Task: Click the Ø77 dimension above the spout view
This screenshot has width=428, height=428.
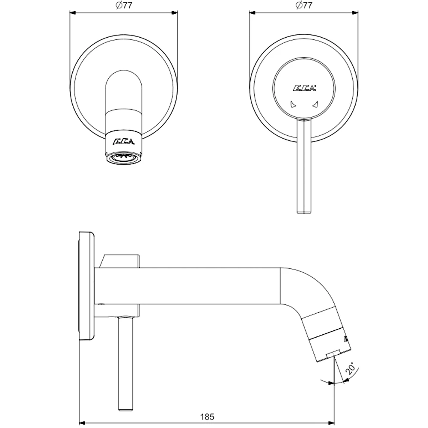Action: tap(124, 6)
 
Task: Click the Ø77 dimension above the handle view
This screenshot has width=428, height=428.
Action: tap(303, 6)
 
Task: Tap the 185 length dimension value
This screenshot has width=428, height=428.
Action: tap(207, 415)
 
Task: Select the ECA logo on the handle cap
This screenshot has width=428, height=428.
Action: tap(304, 89)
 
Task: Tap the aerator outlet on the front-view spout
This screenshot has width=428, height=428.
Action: tap(124, 158)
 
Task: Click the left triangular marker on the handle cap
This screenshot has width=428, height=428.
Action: tap(292, 104)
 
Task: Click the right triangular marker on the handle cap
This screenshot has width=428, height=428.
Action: tap(315, 104)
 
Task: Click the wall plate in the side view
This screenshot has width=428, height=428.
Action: tap(87, 286)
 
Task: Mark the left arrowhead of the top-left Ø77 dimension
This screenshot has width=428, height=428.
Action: tap(71, 13)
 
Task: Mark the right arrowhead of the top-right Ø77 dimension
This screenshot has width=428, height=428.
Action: tap(356, 13)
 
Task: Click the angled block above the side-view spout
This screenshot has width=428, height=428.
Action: tap(119, 261)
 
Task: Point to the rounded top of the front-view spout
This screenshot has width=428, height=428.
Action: tap(124, 75)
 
